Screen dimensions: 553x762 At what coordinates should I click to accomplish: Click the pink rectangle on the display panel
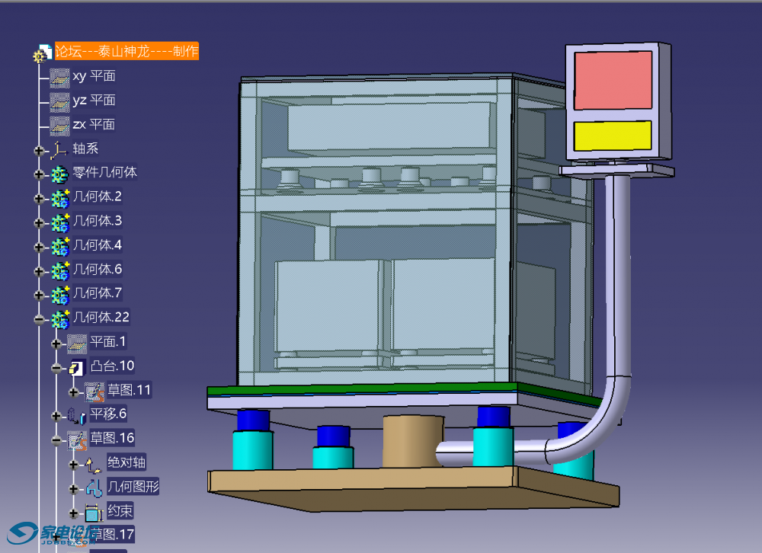coord(613,79)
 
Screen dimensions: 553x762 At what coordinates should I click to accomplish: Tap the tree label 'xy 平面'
coord(94,76)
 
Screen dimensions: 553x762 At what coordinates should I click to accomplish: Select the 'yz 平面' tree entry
coord(94,101)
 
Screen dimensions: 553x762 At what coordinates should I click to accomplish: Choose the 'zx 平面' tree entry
coord(94,124)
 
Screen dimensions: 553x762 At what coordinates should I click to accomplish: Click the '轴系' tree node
coord(85,149)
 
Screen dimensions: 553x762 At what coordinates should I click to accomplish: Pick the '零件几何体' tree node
coord(104,173)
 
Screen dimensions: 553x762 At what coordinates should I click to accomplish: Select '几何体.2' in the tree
coord(97,197)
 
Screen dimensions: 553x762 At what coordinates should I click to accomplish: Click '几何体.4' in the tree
coord(97,245)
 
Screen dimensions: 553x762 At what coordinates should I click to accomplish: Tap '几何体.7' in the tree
coord(97,293)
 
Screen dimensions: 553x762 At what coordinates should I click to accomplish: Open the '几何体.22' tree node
coord(101,318)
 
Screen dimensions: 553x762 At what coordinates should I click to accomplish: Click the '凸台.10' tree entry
coord(112,366)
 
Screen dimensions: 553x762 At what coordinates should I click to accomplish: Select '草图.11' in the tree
coord(129,390)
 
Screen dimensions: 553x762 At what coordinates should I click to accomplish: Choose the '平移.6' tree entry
coord(108,414)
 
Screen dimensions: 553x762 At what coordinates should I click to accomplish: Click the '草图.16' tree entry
coord(112,438)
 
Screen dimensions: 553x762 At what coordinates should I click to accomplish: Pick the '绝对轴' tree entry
coord(126,462)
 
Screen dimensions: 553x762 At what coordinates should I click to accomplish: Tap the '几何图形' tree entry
coord(133,486)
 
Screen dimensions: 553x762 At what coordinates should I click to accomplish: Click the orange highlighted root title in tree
coord(126,51)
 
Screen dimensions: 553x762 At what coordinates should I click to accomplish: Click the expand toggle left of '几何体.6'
coord(40,270)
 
